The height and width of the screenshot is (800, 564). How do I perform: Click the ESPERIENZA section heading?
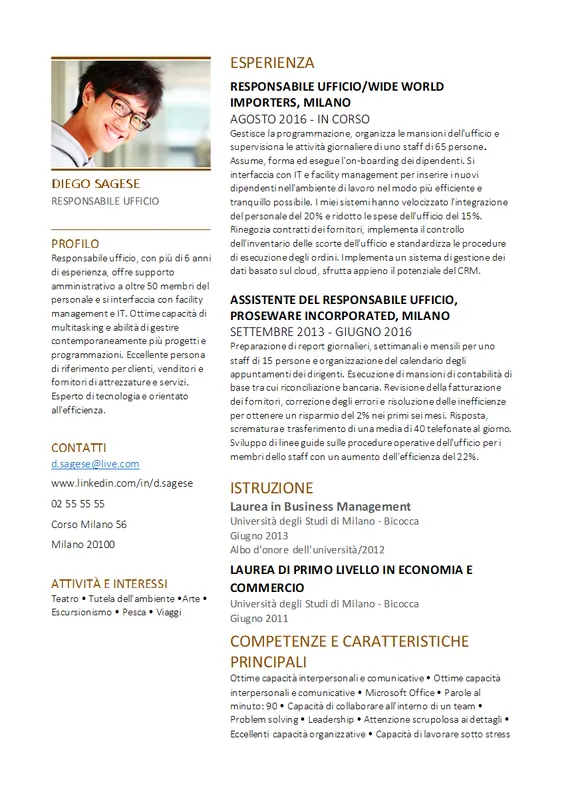[x=272, y=62]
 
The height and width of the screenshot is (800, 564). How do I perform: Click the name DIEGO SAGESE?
[x=96, y=184]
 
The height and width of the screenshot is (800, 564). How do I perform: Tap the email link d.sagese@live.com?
[x=95, y=464]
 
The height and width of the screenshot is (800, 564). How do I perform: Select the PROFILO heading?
[x=75, y=243]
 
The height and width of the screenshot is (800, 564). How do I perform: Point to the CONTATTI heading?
[x=79, y=447]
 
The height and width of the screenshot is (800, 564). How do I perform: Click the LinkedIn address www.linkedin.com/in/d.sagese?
[x=122, y=484]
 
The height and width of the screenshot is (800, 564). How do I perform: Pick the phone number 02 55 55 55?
[x=78, y=504]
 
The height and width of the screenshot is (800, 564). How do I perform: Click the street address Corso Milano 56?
[x=89, y=524]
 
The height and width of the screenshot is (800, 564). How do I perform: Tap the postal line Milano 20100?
[x=83, y=544]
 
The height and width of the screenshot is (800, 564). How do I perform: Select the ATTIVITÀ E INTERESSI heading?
[x=110, y=583]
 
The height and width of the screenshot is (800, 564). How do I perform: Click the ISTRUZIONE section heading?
[x=272, y=488]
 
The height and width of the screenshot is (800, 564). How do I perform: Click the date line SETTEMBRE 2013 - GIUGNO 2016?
[x=321, y=331]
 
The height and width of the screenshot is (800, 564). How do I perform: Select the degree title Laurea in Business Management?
[x=320, y=507]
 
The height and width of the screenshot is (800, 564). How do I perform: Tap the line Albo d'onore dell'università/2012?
[x=307, y=549]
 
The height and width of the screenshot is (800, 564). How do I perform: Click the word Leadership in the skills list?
[x=331, y=719]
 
